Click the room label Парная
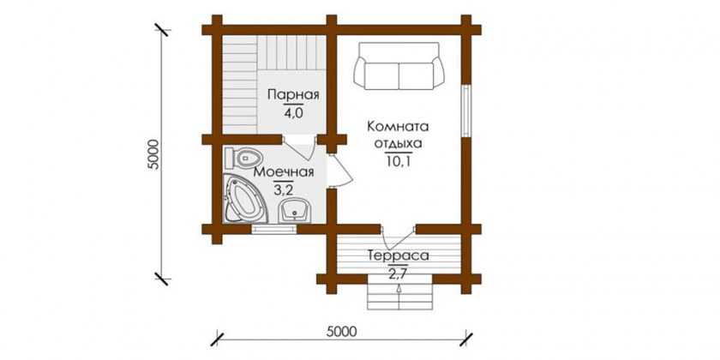tap(293, 95)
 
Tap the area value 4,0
tap(293, 113)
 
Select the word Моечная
tap(284, 172)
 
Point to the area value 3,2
tap(284, 190)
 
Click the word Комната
tap(398, 126)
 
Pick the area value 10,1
tap(398, 161)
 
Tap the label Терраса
tap(398, 255)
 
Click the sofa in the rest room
tap(399, 66)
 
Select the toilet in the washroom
tap(243, 158)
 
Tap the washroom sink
tap(295, 210)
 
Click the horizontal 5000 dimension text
tap(343, 331)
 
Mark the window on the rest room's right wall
tap(466, 111)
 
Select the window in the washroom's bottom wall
tap(274, 229)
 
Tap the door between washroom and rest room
tap(340, 171)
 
